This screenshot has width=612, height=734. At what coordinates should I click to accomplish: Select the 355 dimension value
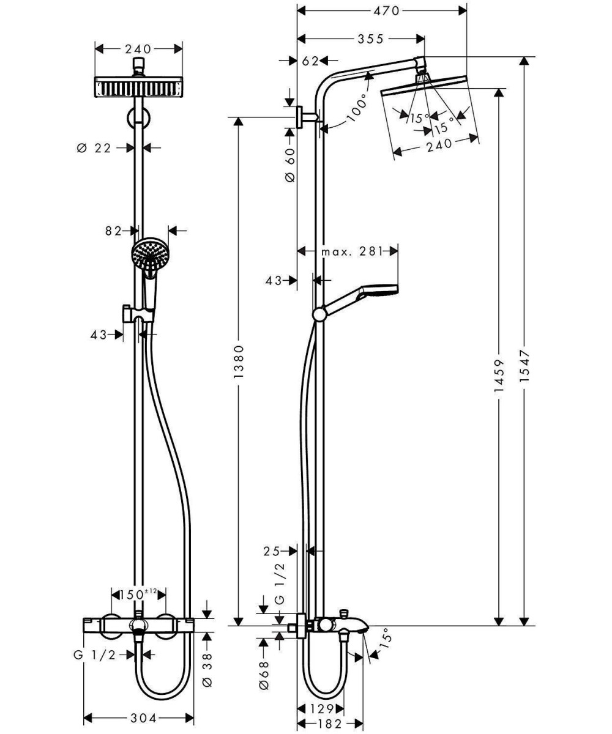point(370,39)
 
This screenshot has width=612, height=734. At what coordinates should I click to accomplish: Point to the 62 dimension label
point(310,61)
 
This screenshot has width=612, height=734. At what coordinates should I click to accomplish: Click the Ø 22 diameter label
point(95,147)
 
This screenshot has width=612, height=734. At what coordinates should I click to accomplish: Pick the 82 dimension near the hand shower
point(113,231)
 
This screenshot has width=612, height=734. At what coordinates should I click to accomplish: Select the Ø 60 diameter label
point(290,165)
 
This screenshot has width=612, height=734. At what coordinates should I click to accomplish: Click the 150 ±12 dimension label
point(138,594)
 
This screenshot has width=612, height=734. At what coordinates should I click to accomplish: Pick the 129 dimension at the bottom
point(321,709)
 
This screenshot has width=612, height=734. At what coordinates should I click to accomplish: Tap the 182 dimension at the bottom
point(331,725)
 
